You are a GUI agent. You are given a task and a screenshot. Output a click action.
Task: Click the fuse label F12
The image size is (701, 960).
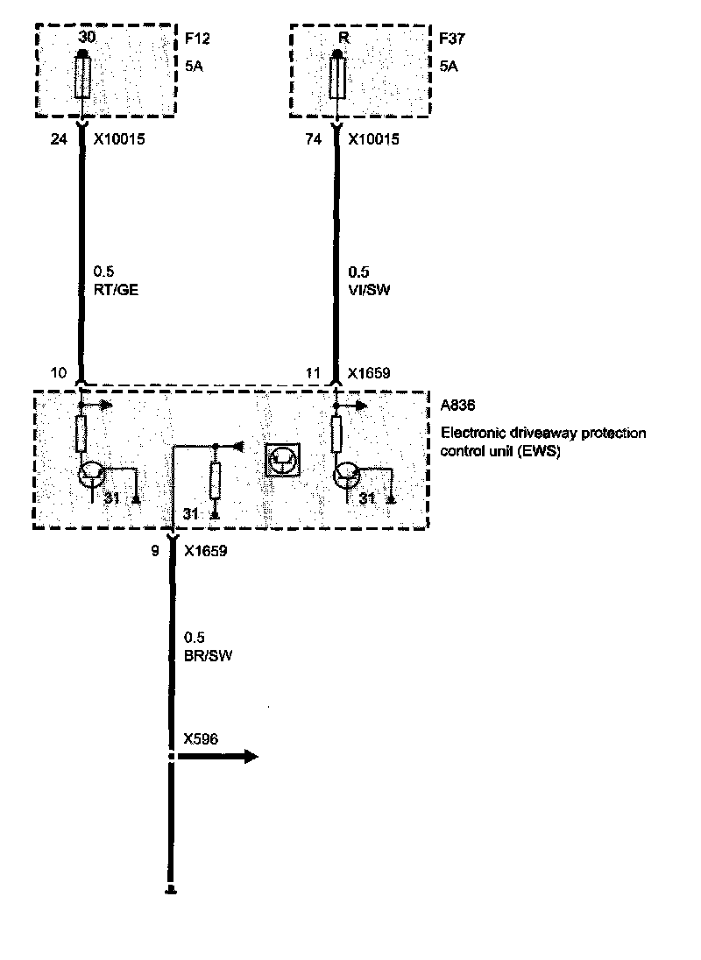[198, 39]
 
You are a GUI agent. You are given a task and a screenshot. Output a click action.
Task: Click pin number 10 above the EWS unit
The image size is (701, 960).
[58, 373]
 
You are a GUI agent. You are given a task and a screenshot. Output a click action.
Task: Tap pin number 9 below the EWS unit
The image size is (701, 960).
[154, 552]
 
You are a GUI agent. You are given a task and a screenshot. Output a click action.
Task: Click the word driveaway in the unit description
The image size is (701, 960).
[533, 433]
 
